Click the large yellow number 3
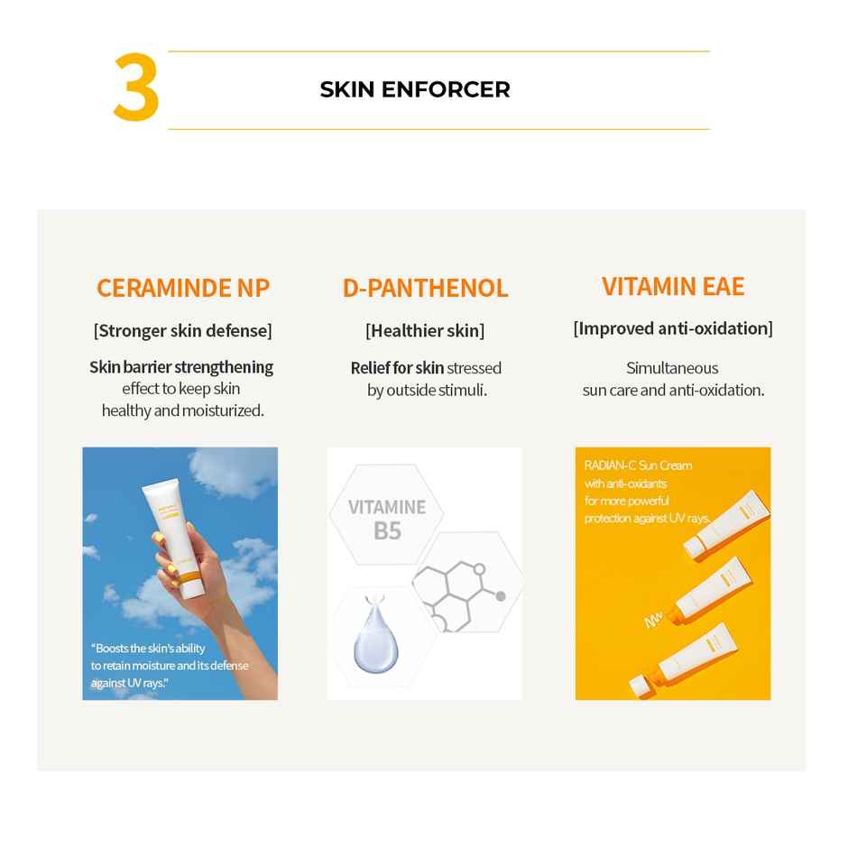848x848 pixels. (x=136, y=89)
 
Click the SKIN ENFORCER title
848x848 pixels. (x=415, y=89)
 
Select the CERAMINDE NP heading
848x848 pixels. (x=182, y=288)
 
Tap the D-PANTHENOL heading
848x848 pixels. (x=425, y=288)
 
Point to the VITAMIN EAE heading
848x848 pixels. (x=673, y=286)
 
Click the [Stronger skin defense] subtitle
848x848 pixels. (x=182, y=330)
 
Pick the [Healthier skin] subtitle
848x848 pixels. (x=425, y=330)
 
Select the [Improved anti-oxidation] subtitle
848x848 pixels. (x=673, y=328)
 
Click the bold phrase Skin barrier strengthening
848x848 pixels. (x=181, y=367)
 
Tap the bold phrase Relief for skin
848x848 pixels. (x=397, y=367)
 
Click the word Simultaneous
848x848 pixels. (x=672, y=368)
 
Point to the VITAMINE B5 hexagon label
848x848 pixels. (x=387, y=518)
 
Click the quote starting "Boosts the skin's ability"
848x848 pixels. (x=169, y=666)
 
